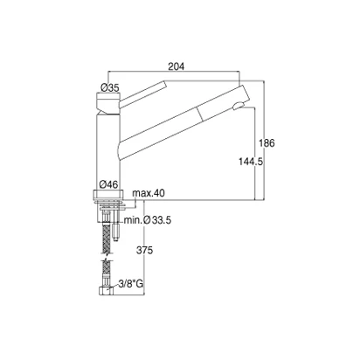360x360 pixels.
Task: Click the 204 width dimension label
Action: (x=177, y=66)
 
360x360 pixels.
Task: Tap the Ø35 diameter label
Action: (x=110, y=87)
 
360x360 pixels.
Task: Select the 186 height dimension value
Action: (x=267, y=143)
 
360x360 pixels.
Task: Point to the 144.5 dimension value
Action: (x=251, y=162)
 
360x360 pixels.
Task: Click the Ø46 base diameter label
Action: (x=108, y=184)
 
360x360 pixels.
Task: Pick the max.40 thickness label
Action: (x=149, y=193)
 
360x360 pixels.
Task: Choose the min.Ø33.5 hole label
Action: (x=148, y=220)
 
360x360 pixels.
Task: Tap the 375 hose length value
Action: (x=144, y=250)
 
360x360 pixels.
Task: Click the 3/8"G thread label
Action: (x=131, y=284)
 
